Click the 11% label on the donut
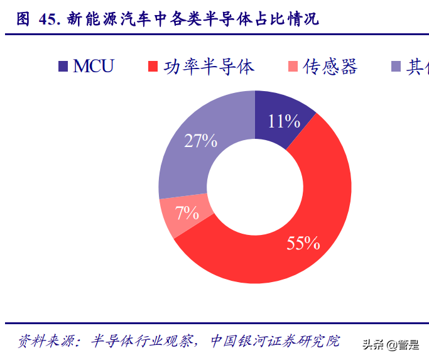pyautogui.click(x=283, y=121)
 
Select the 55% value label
pyautogui.click(x=303, y=243)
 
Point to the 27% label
pyautogui.click(x=200, y=141)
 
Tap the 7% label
pyautogui.click(x=187, y=213)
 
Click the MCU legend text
pyautogui.click(x=94, y=66)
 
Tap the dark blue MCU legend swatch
pyautogui.click(x=63, y=66)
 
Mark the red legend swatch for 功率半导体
pyautogui.click(x=153, y=66)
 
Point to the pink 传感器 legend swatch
pyautogui.click(x=293, y=66)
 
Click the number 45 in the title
pyautogui.click(x=48, y=19)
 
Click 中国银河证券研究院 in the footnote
pyautogui.click(x=274, y=341)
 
